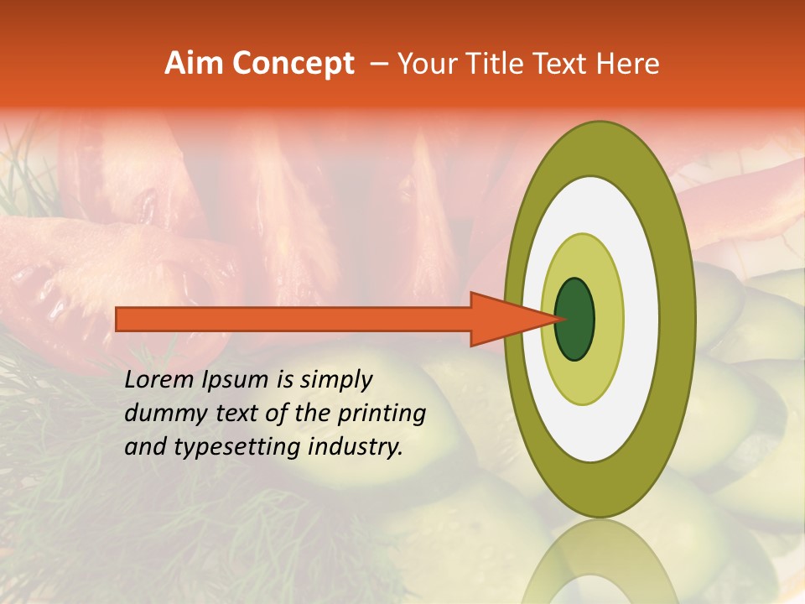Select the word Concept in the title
click(293, 65)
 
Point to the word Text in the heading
click(563, 64)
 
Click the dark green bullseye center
click(575, 319)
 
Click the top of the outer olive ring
click(599, 147)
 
